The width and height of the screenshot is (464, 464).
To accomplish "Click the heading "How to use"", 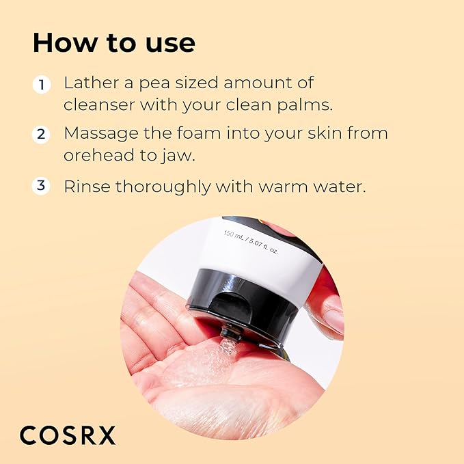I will point(113,43).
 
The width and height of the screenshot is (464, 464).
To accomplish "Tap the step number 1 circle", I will point(42,85).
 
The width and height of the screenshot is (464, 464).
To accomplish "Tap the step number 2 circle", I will point(42,134).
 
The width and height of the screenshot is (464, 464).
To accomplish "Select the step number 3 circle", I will point(42,185).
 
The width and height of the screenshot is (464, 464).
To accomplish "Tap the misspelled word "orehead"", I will point(98,155).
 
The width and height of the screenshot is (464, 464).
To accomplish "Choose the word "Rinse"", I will point(85,185).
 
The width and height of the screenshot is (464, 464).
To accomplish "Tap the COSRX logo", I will point(68,435).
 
